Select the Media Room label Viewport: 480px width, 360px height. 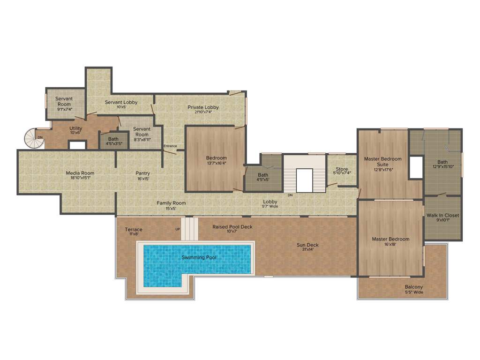point(80,173)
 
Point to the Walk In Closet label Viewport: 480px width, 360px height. point(442,216)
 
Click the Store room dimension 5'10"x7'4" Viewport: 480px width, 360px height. point(342,173)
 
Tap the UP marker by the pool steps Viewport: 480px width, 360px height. point(177,229)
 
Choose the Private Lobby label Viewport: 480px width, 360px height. point(203,107)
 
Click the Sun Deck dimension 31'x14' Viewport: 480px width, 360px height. point(307,249)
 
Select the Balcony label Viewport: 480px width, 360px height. point(414,287)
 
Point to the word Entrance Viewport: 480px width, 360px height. point(170,146)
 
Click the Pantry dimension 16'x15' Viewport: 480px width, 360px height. point(143,179)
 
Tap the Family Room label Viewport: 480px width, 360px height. point(171,203)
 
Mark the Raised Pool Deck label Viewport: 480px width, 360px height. point(232,227)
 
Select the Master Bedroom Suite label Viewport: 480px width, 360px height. point(383,162)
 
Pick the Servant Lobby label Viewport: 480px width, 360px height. point(121,102)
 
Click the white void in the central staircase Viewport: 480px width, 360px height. point(304,180)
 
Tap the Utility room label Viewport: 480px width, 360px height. point(75,128)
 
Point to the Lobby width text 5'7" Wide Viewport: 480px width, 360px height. point(270,206)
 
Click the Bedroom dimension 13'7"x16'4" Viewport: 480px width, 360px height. point(217,163)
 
